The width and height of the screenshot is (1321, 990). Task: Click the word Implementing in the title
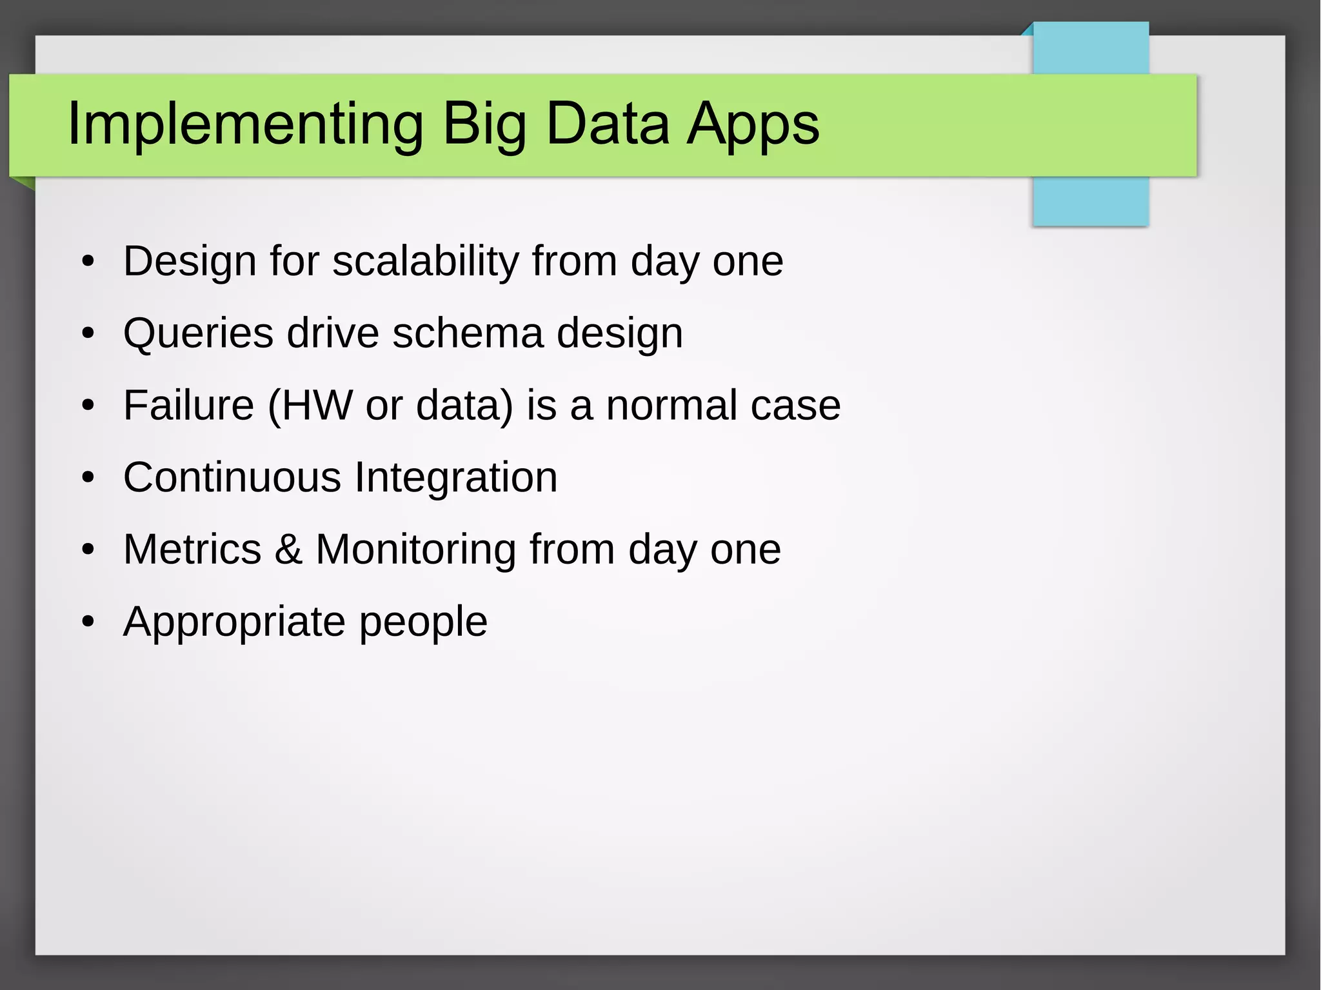[x=245, y=124]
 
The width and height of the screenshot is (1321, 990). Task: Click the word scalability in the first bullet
[x=426, y=261]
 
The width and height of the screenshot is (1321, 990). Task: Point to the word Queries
[x=198, y=333]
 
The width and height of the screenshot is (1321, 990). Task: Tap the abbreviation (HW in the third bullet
[x=310, y=406]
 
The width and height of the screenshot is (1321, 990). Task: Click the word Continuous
[x=232, y=478]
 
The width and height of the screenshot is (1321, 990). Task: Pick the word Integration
[x=456, y=478]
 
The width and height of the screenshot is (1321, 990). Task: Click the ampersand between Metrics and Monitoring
[x=288, y=549]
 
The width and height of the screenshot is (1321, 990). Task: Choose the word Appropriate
[x=234, y=622]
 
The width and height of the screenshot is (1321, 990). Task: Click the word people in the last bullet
[x=423, y=623]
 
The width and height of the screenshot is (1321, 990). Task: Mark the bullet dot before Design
[x=88, y=262]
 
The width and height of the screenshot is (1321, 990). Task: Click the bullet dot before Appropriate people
[x=88, y=623]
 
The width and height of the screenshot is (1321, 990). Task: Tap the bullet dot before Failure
[x=88, y=407]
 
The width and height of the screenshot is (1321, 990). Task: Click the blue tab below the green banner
[x=1090, y=201]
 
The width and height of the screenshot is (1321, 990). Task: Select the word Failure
[x=189, y=406]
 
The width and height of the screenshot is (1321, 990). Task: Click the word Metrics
[x=192, y=549]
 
